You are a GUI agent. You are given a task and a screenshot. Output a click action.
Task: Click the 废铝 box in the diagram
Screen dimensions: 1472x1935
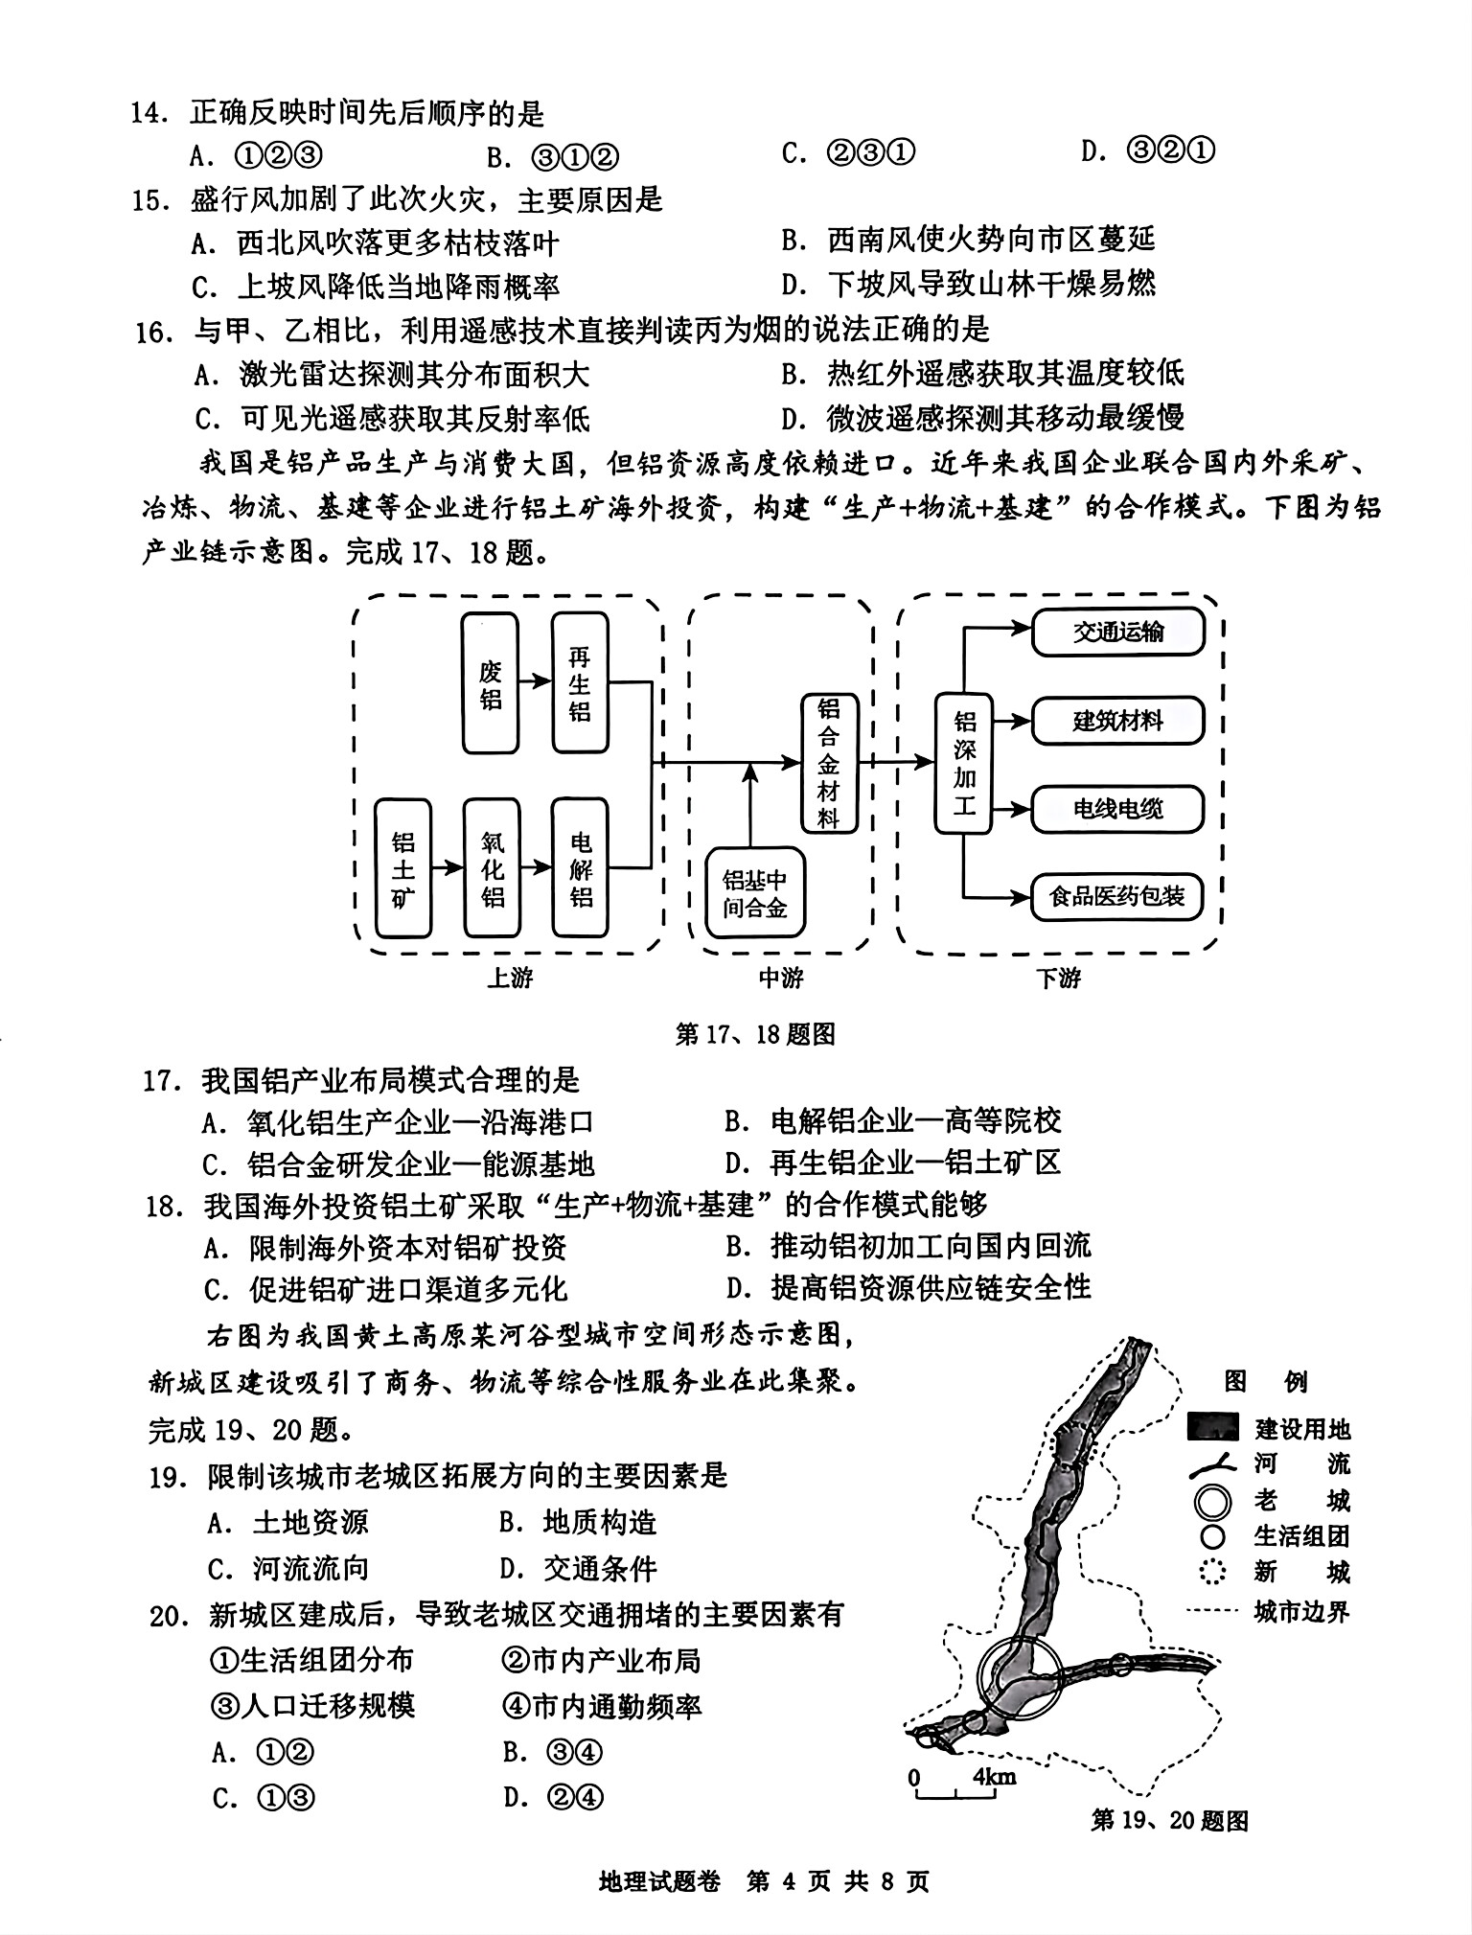(x=490, y=683)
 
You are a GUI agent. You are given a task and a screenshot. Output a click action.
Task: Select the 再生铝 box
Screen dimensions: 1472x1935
(x=580, y=683)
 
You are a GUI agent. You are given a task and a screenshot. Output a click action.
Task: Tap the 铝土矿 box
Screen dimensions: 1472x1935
(x=403, y=868)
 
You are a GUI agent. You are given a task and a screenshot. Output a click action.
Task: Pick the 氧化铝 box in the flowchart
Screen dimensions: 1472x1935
(x=492, y=868)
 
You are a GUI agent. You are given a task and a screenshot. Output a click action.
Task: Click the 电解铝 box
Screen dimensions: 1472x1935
(x=581, y=868)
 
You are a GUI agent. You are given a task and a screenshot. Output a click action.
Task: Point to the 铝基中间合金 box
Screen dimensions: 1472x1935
(x=755, y=893)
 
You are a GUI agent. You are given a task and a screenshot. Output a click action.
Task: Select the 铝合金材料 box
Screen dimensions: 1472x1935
(x=829, y=763)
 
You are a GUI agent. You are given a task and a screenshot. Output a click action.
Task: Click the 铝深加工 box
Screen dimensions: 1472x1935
(x=963, y=763)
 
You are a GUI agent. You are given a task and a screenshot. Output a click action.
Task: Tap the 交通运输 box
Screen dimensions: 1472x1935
(x=1117, y=632)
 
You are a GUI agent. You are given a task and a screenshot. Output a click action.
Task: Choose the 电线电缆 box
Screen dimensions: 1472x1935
(x=1117, y=808)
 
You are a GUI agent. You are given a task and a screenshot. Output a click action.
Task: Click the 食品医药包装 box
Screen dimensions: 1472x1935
(x=1117, y=897)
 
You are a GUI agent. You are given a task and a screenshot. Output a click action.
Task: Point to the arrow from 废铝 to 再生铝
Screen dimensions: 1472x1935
(x=535, y=681)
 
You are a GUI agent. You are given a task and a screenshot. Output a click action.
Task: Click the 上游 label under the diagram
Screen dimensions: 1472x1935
(x=510, y=978)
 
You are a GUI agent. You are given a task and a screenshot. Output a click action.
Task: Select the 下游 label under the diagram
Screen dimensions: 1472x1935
(x=1058, y=978)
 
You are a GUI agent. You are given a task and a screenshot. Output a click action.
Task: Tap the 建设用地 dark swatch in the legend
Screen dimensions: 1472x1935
(x=1215, y=1429)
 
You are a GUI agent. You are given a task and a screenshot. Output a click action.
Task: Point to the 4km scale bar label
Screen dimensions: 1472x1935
(x=995, y=1776)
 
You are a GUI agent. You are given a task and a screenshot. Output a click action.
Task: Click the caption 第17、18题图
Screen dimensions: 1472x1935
(x=755, y=1034)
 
